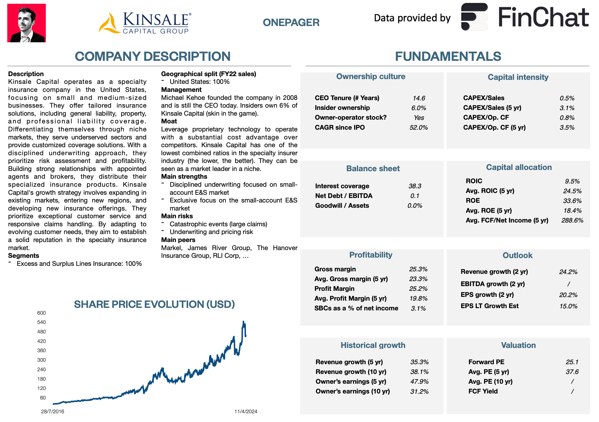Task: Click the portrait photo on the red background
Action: click(x=26, y=23)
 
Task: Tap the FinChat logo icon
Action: click(x=474, y=17)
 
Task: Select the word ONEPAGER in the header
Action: click(x=291, y=23)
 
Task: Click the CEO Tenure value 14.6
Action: click(x=418, y=98)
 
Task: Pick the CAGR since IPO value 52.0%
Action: click(x=418, y=128)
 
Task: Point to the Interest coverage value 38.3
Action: click(x=414, y=186)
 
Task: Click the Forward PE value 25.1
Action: click(x=572, y=362)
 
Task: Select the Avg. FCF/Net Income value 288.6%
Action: click(x=572, y=221)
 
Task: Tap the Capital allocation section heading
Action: click(x=519, y=167)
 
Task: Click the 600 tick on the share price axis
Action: click(x=42, y=313)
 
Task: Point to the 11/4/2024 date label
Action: click(x=245, y=411)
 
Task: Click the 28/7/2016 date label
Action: click(x=52, y=411)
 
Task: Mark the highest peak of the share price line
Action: click(x=243, y=322)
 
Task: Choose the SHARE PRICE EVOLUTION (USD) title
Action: click(x=154, y=304)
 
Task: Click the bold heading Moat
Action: click(x=169, y=121)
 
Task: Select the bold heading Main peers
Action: click(x=178, y=240)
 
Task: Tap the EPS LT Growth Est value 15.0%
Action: click(x=568, y=306)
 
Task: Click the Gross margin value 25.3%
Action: click(x=418, y=269)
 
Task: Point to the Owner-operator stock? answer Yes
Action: click(x=419, y=118)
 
